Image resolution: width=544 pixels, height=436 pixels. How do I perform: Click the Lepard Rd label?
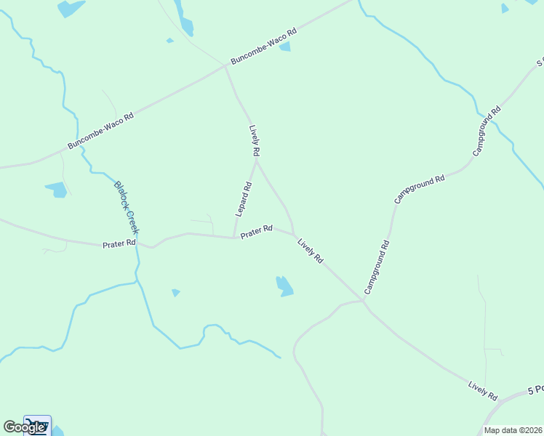click(244, 198)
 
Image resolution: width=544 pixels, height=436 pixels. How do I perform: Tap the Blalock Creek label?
click(126, 207)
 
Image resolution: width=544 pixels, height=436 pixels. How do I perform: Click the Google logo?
click(23, 427)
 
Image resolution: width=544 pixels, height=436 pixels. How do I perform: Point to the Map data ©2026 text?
click(513, 430)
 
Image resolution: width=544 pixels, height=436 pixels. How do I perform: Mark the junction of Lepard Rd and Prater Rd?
click(233, 237)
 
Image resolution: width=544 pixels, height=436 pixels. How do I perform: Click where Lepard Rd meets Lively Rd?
click(255, 161)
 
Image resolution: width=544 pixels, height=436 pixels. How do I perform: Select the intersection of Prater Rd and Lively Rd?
click(294, 234)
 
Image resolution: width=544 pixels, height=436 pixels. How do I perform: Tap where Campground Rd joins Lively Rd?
click(363, 299)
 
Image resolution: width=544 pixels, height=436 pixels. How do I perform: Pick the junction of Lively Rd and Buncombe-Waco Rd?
click(225, 66)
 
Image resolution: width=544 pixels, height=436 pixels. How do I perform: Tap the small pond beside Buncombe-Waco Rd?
click(285, 47)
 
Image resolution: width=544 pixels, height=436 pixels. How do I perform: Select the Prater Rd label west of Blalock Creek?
click(119, 244)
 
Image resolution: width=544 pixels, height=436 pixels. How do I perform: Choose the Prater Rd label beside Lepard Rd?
click(256, 232)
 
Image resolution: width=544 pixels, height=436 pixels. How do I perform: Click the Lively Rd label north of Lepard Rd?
click(254, 141)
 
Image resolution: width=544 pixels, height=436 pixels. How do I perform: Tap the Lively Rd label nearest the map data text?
click(483, 390)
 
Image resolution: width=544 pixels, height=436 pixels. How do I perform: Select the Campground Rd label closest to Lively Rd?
click(377, 267)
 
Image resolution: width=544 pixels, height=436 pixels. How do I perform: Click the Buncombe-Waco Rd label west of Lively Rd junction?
click(101, 131)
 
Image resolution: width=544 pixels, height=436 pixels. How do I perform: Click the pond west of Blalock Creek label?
click(57, 190)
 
